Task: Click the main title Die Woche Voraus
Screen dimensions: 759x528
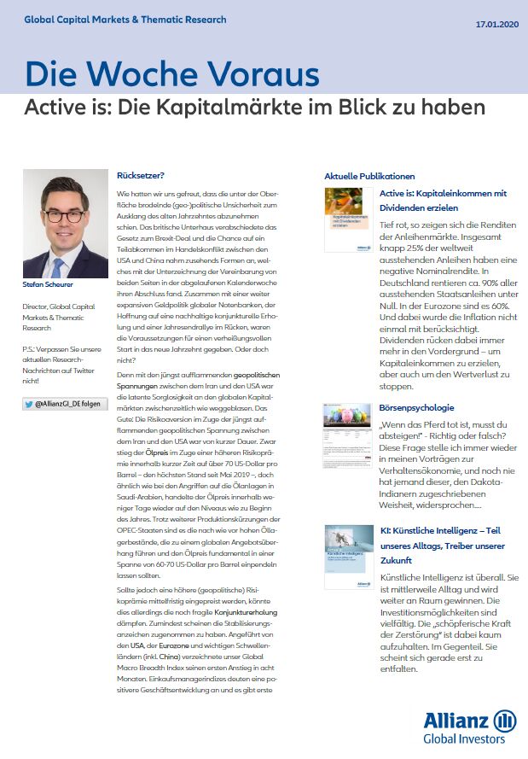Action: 172,74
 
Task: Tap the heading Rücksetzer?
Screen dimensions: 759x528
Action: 141,175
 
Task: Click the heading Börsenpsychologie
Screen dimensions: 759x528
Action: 417,408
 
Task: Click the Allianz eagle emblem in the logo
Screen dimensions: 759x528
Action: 504,721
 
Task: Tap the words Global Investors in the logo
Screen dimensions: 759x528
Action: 470,740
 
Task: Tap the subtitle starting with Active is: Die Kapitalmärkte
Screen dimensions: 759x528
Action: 254,108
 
